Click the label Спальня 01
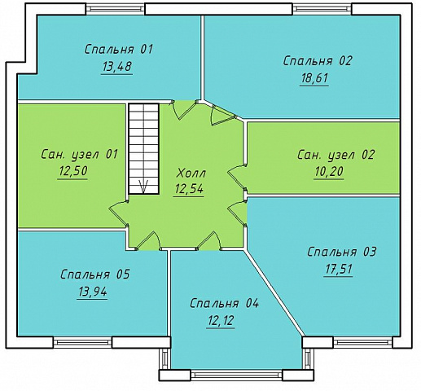click(119, 50)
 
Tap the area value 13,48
click(117, 67)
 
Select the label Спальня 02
click(318, 61)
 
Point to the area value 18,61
click(314, 78)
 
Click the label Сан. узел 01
click(80, 154)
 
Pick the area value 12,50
click(72, 171)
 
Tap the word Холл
click(191, 174)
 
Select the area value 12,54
click(189, 189)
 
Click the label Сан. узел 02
click(335, 155)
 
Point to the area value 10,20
click(329, 172)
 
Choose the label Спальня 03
click(342, 252)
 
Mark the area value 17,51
click(338, 270)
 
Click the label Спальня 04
click(224, 303)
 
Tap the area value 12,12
click(221, 321)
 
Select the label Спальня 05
click(95, 275)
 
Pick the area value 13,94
click(93, 292)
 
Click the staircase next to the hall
click(143, 148)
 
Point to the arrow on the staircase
click(143, 187)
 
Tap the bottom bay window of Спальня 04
click(236, 375)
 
